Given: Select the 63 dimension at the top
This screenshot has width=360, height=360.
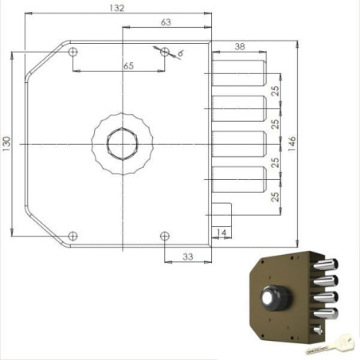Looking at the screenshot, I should [x=165, y=22].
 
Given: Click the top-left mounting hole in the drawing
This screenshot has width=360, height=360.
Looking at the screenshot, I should [x=73, y=52].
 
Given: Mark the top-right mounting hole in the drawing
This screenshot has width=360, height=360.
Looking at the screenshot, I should [x=165, y=52].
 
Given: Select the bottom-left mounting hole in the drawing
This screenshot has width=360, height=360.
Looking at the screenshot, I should [x=73, y=235].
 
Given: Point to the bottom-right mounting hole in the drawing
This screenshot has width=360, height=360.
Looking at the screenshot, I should [x=165, y=235].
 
